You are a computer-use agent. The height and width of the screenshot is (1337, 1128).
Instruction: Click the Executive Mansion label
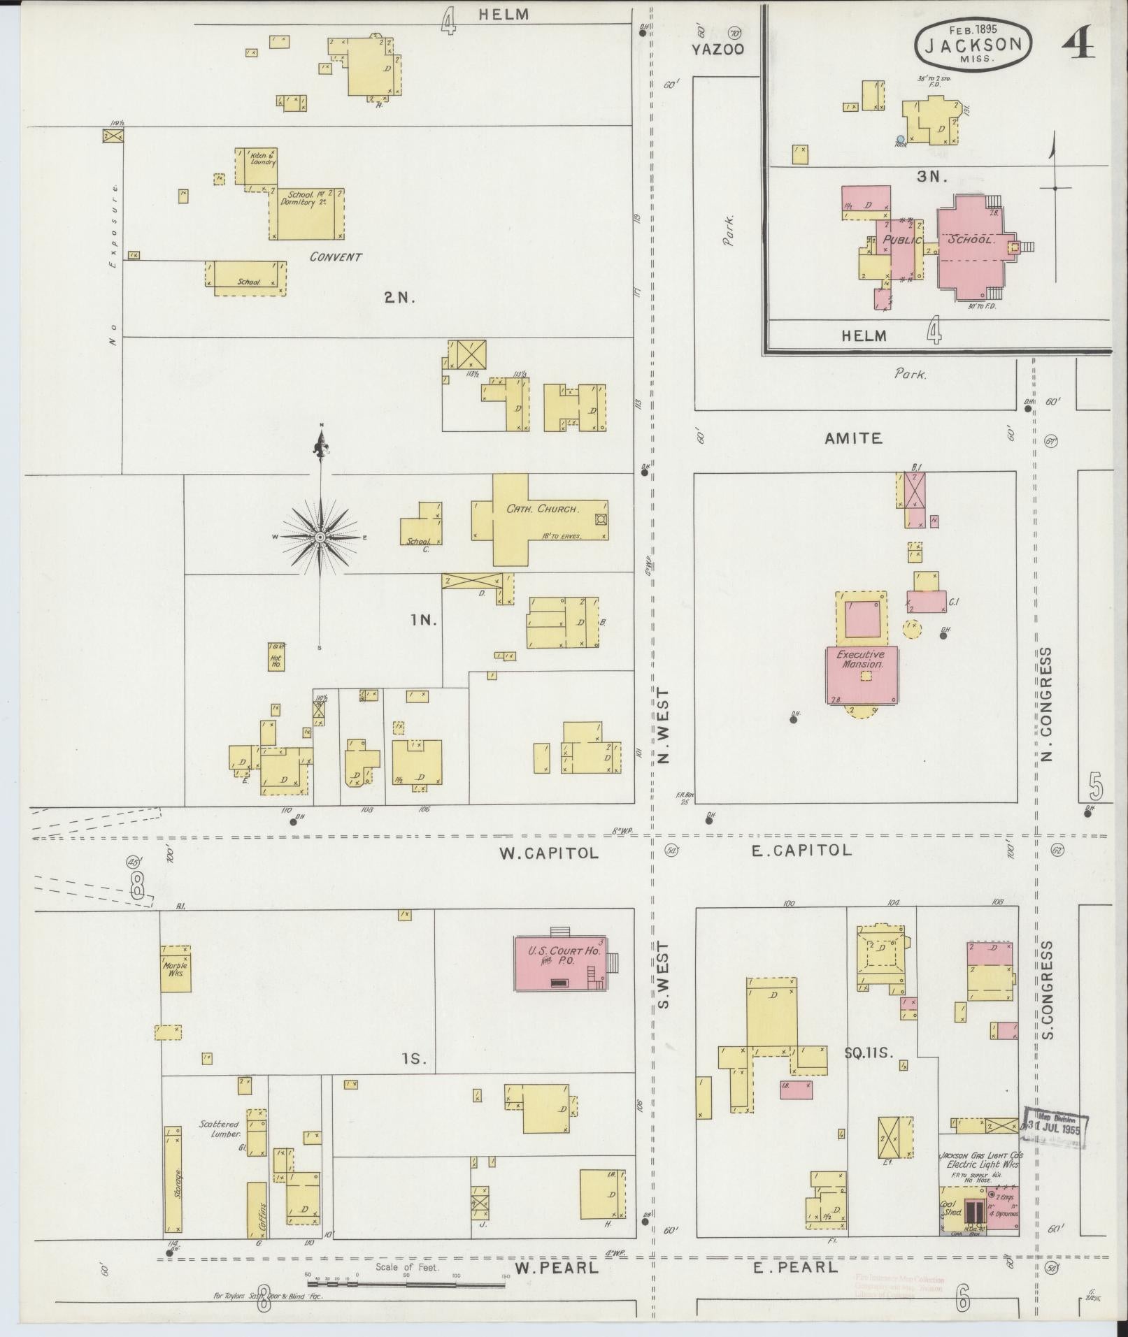point(862,660)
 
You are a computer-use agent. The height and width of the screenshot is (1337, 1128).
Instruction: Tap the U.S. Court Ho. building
point(560,963)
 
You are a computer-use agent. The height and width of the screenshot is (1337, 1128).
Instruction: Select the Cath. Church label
point(543,509)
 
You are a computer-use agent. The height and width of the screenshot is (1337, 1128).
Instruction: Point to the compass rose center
point(320,537)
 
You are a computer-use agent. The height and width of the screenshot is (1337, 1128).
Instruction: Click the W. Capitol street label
point(549,853)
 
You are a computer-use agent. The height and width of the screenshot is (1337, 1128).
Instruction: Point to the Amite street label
point(852,438)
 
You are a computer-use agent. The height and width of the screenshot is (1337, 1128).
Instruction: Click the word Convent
point(336,256)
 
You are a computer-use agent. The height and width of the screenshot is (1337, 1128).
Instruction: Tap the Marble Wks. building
point(176,968)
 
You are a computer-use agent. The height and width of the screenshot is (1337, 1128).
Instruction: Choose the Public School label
point(937,240)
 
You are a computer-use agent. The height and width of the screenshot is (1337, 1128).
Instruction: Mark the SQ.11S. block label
point(869,1071)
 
